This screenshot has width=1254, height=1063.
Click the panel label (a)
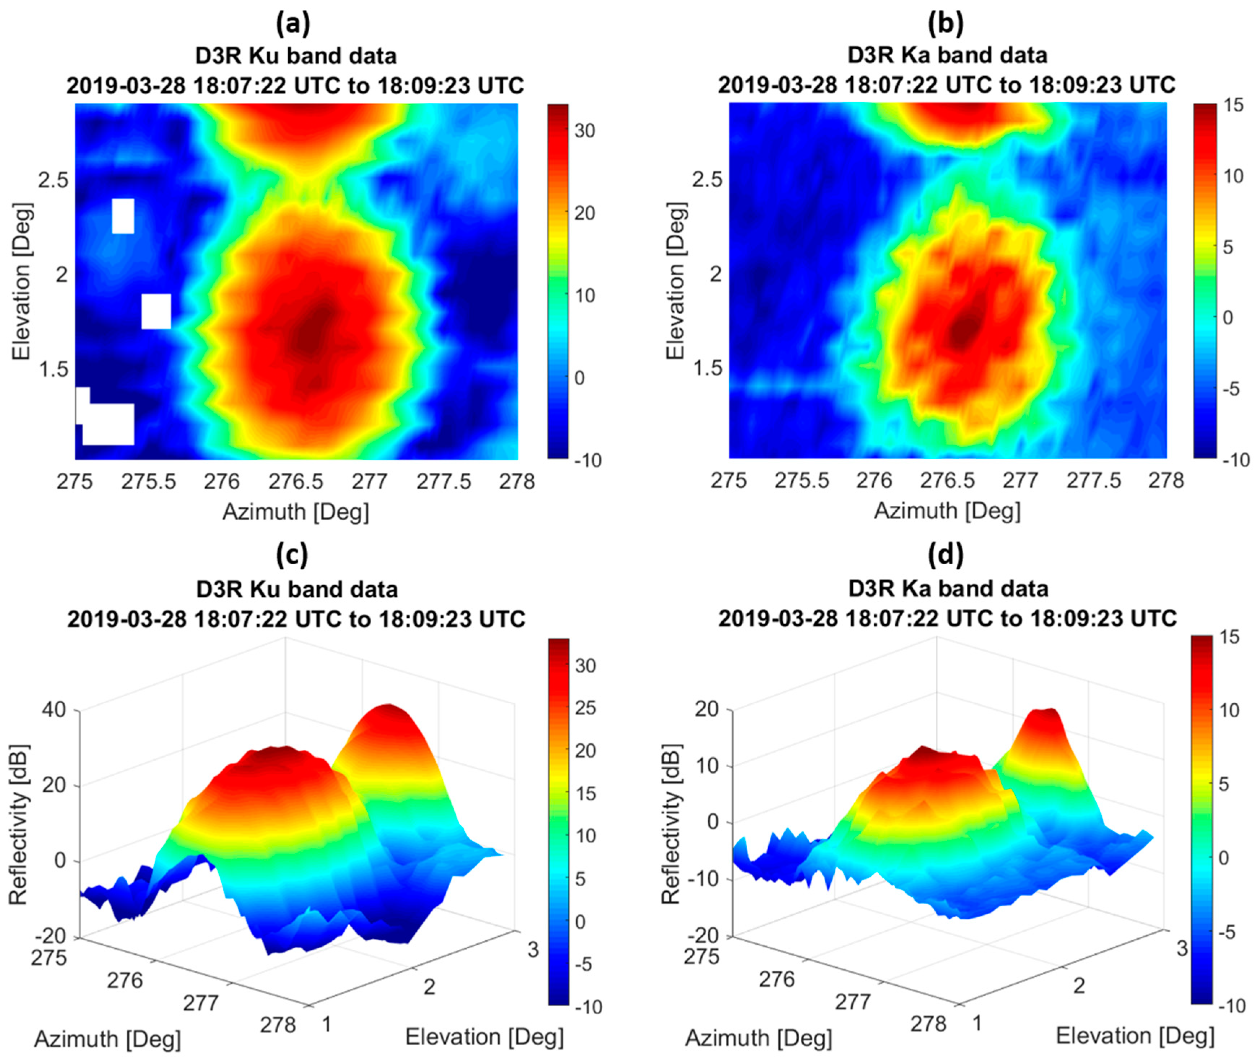pyautogui.click(x=293, y=24)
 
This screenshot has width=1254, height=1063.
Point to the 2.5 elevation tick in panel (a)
pyautogui.click(x=52, y=181)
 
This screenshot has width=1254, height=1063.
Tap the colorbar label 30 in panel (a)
pyautogui.click(x=584, y=131)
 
